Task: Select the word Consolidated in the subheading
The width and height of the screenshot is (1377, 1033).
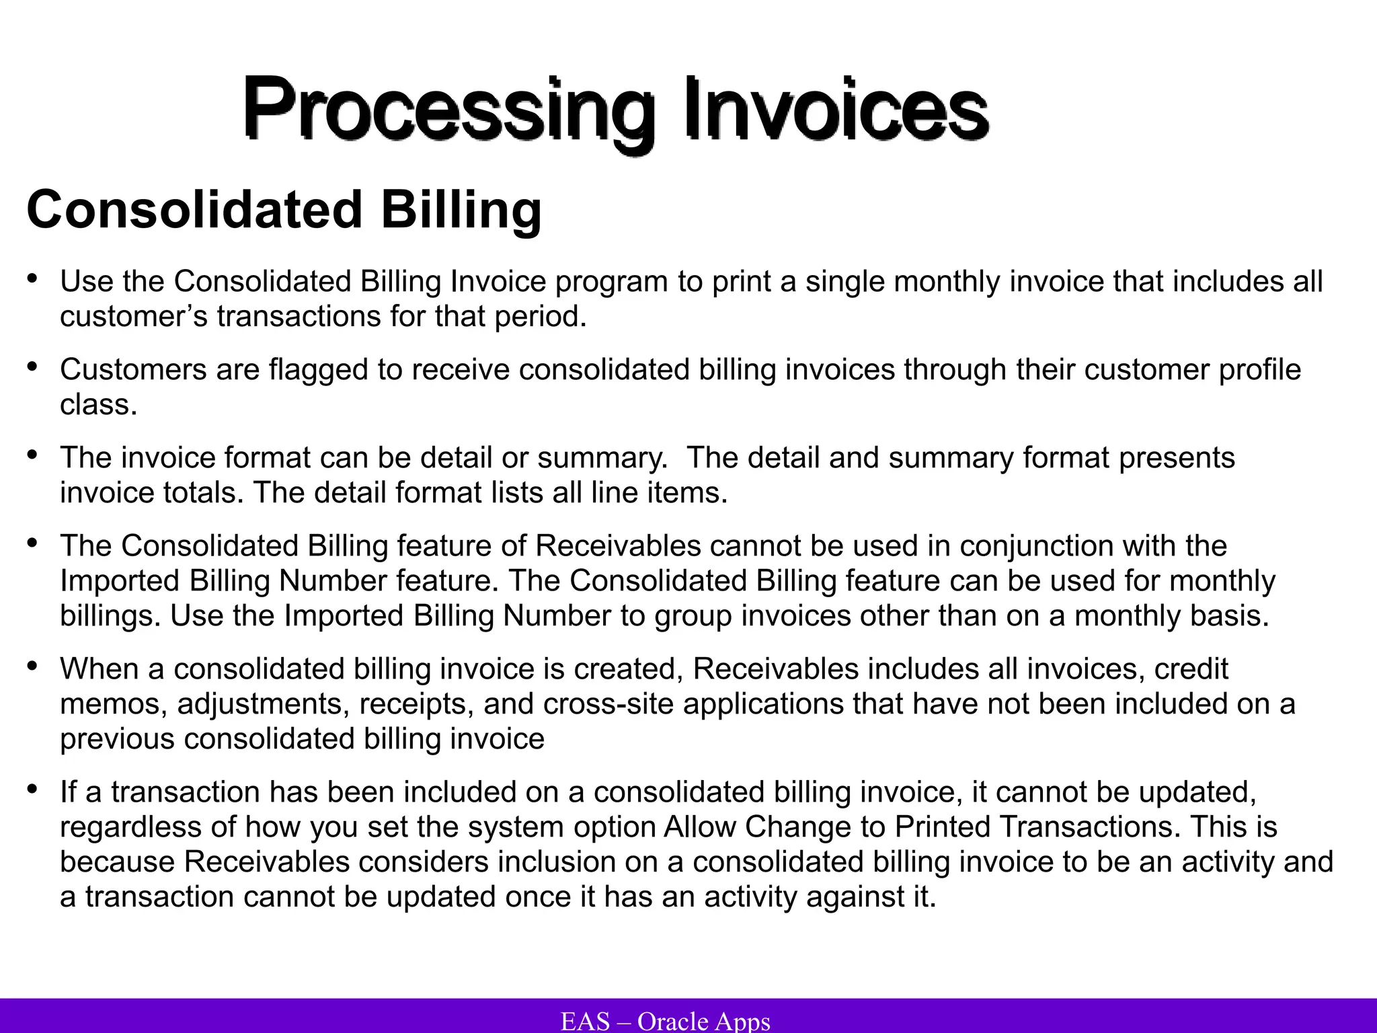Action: pyautogui.click(x=194, y=210)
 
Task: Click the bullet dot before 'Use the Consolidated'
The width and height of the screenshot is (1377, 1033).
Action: pyautogui.click(x=32, y=278)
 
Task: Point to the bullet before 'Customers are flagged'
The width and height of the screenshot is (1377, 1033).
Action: pyautogui.click(x=32, y=367)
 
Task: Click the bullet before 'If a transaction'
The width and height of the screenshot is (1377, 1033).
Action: pyautogui.click(x=32, y=789)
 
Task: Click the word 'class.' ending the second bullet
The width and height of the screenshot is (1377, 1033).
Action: pyautogui.click(x=98, y=405)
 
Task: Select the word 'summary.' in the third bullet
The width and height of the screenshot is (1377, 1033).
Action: pyautogui.click(x=602, y=458)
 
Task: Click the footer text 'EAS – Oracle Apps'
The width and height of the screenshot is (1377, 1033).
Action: pyautogui.click(x=665, y=1022)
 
